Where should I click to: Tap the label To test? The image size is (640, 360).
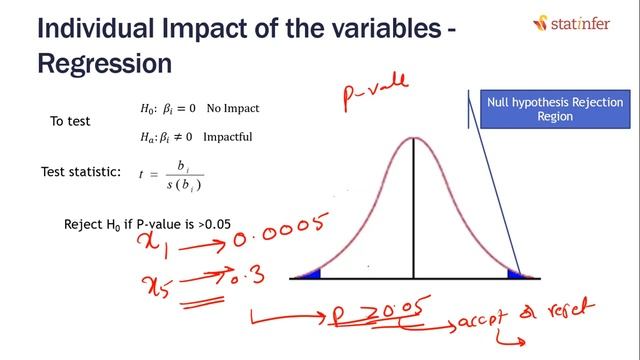(70, 122)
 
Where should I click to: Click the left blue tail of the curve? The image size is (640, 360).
(305, 273)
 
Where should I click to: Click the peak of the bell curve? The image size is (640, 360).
(414, 137)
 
